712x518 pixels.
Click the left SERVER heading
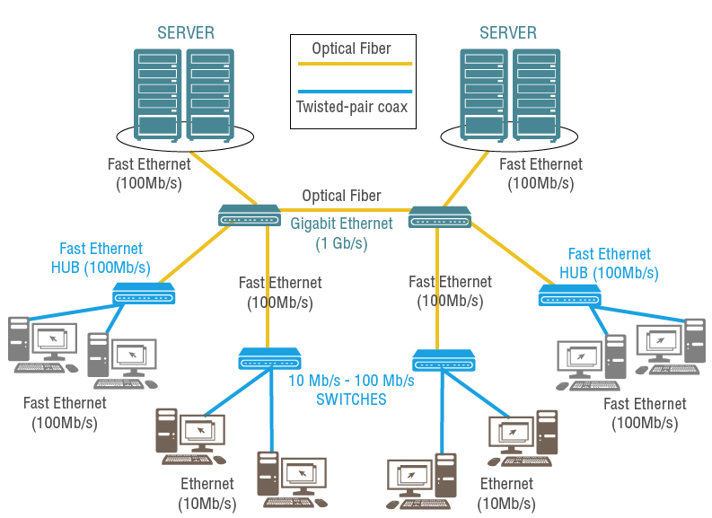click(x=186, y=33)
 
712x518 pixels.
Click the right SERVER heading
click(x=508, y=33)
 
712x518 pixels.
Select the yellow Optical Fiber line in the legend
click(x=351, y=65)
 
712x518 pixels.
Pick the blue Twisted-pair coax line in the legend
click(x=351, y=92)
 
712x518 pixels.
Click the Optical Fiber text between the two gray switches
click(x=341, y=196)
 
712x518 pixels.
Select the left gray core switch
click(x=250, y=215)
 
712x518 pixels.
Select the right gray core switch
click(x=440, y=216)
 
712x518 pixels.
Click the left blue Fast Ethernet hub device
click(x=144, y=293)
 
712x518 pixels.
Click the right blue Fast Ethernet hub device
click(x=570, y=294)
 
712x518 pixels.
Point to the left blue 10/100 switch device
click(x=269, y=358)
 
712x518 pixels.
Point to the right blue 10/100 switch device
click(x=444, y=361)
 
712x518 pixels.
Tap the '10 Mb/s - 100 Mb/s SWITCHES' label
click(x=351, y=390)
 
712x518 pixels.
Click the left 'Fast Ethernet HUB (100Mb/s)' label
click(x=101, y=258)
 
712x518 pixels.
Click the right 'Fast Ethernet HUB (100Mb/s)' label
click(x=610, y=263)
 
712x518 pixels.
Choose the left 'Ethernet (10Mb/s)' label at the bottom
click(x=207, y=494)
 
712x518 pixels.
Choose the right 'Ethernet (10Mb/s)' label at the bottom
click(x=506, y=494)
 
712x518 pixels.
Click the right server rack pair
click(x=509, y=94)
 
